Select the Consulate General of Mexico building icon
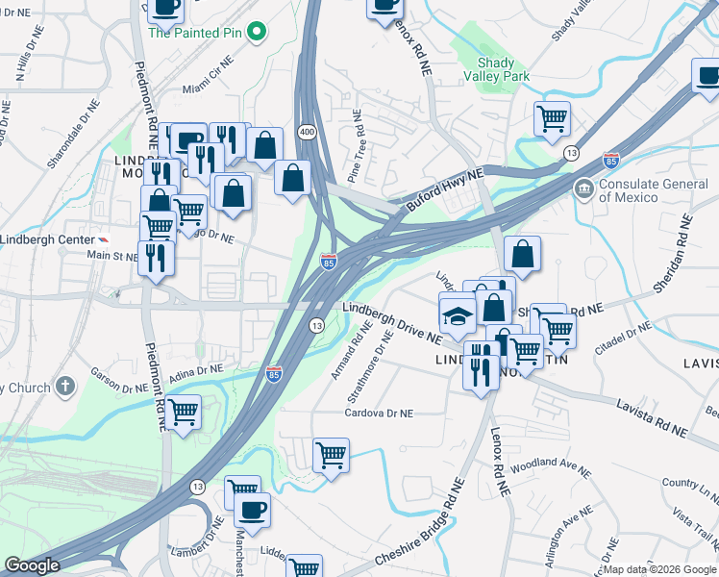[x=583, y=188]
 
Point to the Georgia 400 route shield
[x=307, y=130]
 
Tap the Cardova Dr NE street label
[x=379, y=413]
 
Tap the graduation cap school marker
[x=458, y=314]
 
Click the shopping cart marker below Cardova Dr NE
[x=331, y=455]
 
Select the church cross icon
[x=65, y=388]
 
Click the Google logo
[x=32, y=565]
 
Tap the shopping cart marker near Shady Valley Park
[x=552, y=119]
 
